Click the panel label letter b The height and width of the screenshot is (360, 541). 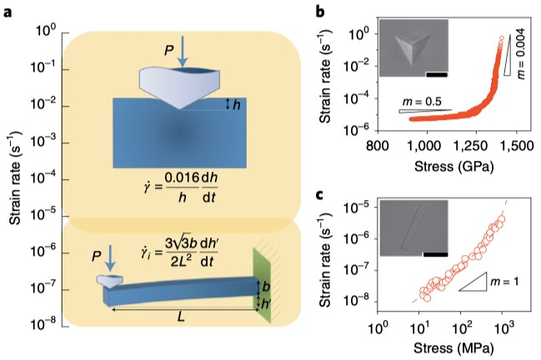pyautogui.click(x=321, y=12)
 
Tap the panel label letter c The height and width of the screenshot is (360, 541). pyautogui.click(x=320, y=195)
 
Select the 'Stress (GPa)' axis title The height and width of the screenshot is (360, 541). pyautogui.click(x=453, y=166)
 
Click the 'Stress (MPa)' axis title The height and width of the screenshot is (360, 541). pyautogui.click(x=453, y=348)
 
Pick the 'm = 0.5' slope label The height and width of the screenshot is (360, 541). pyautogui.click(x=422, y=102)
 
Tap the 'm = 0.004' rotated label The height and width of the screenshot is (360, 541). pyautogui.click(x=521, y=53)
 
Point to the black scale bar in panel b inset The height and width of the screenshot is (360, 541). pyautogui.click(x=437, y=74)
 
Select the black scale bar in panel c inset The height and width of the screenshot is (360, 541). pyautogui.click(x=435, y=254)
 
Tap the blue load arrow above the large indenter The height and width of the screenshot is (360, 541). pyautogui.click(x=183, y=51)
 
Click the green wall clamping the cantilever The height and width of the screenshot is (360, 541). pyautogui.click(x=262, y=285)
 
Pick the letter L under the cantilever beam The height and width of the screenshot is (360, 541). pyautogui.click(x=181, y=317)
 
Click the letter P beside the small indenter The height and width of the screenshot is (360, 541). pyautogui.click(x=98, y=256)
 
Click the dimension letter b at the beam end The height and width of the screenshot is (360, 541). pyautogui.click(x=266, y=287)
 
